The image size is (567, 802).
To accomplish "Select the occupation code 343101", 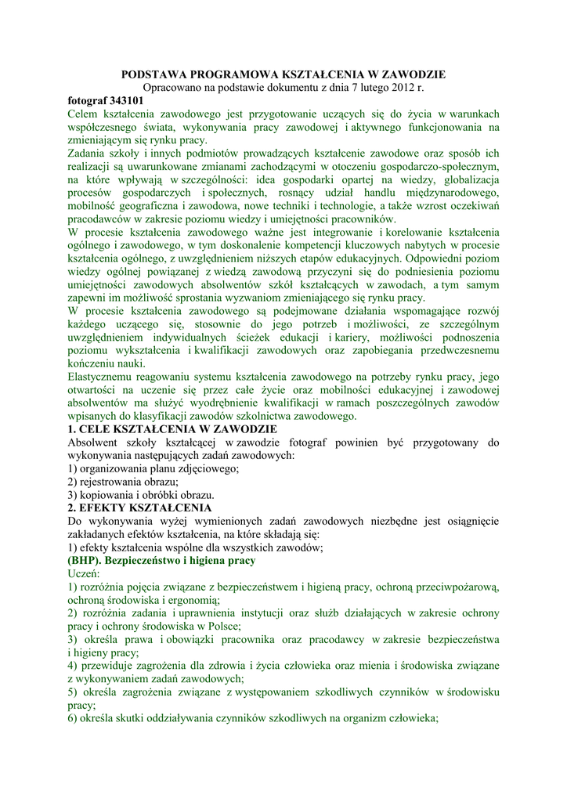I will (125, 100).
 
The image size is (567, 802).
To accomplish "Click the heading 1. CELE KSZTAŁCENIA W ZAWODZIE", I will (172, 429).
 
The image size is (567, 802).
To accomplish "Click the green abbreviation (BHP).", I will (84, 561).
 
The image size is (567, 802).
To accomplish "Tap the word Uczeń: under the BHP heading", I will (85, 574).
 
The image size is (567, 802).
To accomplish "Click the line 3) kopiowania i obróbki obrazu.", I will (141, 495).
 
